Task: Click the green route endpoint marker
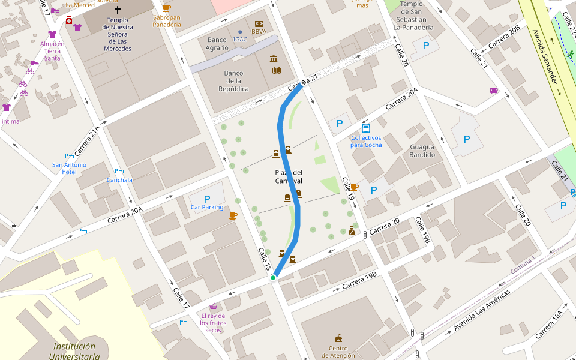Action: tap(273, 277)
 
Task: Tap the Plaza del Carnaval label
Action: tap(289, 177)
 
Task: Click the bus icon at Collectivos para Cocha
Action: tap(366, 128)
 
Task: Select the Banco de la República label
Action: tap(233, 81)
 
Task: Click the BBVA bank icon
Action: tap(259, 23)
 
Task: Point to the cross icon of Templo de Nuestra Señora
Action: tap(117, 10)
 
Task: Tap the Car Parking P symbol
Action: tap(207, 199)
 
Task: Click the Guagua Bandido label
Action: tap(426, 151)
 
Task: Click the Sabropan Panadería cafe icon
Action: tap(166, 8)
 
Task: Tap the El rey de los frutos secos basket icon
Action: tap(213, 306)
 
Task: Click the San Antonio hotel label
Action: tap(69, 168)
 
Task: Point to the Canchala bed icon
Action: tap(119, 171)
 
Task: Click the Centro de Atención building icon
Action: tap(338, 338)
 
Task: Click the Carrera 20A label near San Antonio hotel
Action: tap(125, 215)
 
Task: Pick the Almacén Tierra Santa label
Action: tap(52, 50)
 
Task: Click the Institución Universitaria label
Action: tap(74, 351)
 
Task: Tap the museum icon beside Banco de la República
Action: tap(274, 58)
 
